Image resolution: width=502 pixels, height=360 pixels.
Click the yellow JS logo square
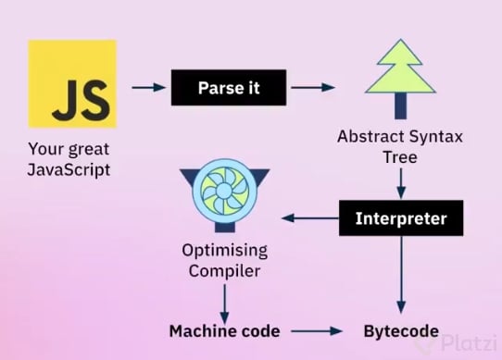72,84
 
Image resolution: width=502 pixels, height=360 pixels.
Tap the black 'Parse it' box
229,87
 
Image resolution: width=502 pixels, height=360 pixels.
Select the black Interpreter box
401,218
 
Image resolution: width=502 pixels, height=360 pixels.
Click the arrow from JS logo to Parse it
148,87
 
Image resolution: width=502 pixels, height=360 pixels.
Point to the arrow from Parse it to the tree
313,87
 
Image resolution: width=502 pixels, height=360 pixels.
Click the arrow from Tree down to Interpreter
401,183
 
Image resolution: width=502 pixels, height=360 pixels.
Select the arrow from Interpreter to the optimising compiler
310,218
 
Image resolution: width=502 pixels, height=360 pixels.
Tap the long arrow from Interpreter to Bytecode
401,275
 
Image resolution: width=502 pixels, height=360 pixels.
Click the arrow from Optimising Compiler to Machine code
225,304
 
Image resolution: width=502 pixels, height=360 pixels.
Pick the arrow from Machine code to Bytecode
317,331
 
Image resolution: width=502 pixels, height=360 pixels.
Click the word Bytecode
401,331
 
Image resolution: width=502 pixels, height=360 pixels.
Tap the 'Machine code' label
224,331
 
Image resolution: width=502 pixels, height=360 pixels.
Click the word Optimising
225,251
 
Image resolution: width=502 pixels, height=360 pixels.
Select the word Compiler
224,271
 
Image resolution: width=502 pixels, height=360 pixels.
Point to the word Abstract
370,137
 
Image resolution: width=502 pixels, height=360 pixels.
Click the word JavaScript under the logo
69,170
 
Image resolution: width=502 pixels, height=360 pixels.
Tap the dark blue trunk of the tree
400,106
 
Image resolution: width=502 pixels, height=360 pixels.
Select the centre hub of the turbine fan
224,192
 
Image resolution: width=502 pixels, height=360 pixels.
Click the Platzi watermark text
469,343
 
